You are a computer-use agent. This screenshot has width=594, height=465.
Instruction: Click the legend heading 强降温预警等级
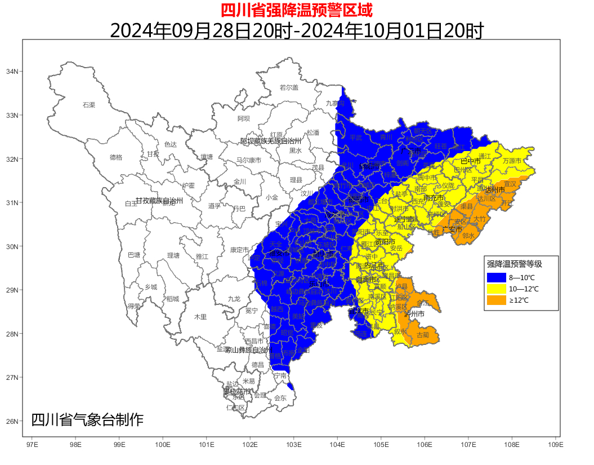click(x=514, y=263)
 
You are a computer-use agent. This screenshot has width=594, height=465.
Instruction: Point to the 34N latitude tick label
click(x=12, y=72)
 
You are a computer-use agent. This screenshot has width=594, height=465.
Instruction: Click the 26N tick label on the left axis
click(x=12, y=421)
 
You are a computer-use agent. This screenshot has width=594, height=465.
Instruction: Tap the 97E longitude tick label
click(x=32, y=444)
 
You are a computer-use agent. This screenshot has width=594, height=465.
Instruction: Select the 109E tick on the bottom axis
click(x=555, y=444)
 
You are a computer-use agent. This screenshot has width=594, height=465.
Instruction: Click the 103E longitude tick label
click(x=293, y=444)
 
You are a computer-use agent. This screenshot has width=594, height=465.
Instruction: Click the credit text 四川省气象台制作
click(x=87, y=420)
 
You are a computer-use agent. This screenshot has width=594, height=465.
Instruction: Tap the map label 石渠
click(x=89, y=105)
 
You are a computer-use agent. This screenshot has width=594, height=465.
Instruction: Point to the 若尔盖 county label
click(x=289, y=87)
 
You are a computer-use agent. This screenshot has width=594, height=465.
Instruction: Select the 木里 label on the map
click(x=200, y=317)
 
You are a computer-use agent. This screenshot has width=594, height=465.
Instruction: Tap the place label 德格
click(x=116, y=157)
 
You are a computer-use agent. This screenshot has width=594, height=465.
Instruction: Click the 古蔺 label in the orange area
click(x=422, y=335)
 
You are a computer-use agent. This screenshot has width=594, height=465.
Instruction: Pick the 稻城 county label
click(x=172, y=299)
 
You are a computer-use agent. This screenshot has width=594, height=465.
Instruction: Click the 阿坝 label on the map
click(x=244, y=118)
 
